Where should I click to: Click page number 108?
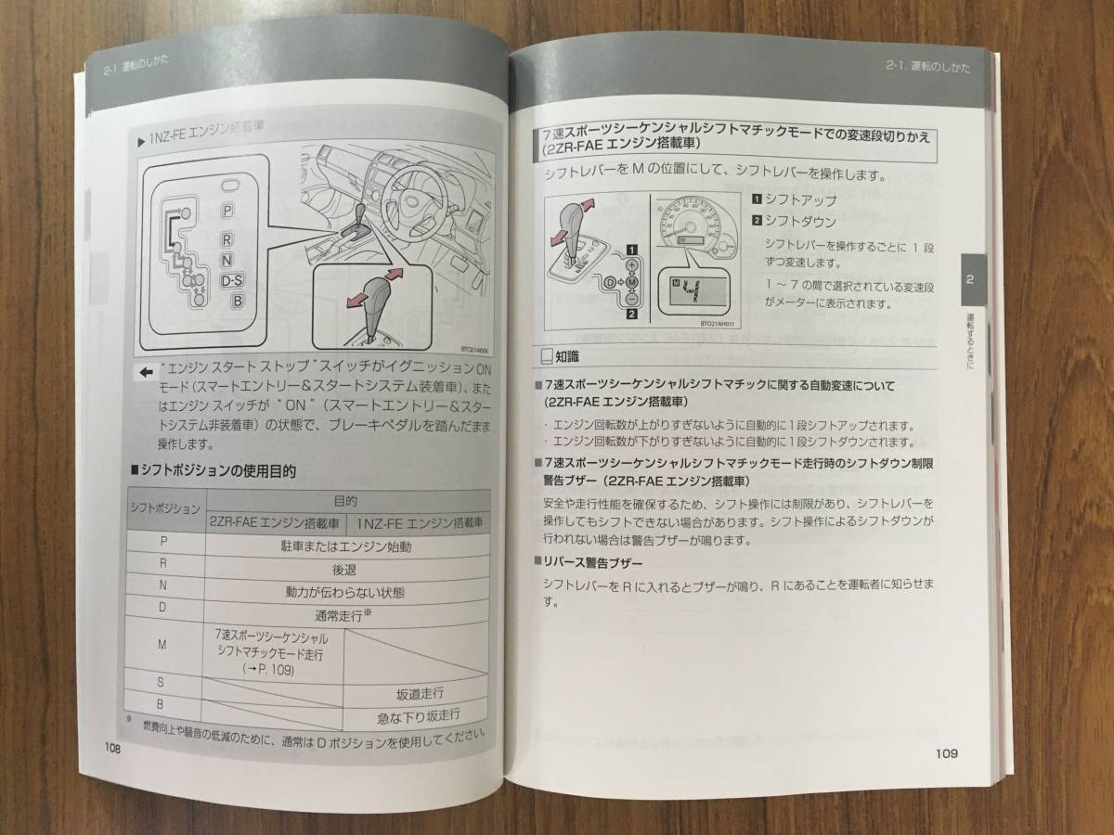click(111, 748)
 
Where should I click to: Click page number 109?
click(946, 752)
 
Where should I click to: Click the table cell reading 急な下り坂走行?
click(419, 715)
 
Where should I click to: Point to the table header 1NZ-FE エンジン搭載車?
click(421, 523)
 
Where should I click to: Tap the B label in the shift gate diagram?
click(238, 301)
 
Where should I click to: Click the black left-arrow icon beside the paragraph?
click(145, 372)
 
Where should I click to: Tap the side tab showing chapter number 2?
click(969, 279)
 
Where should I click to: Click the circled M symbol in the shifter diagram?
click(631, 281)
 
